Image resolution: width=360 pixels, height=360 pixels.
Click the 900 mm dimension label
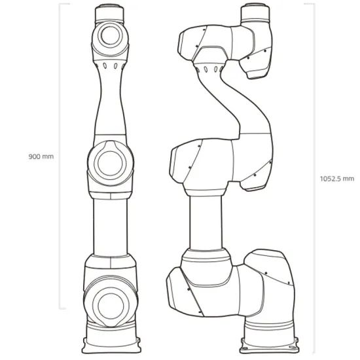coord(41,156)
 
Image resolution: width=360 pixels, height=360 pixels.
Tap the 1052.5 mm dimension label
coord(336,177)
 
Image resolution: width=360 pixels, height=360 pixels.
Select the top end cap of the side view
coord(256,12)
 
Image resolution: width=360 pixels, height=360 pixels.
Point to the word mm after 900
coord(47,156)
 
